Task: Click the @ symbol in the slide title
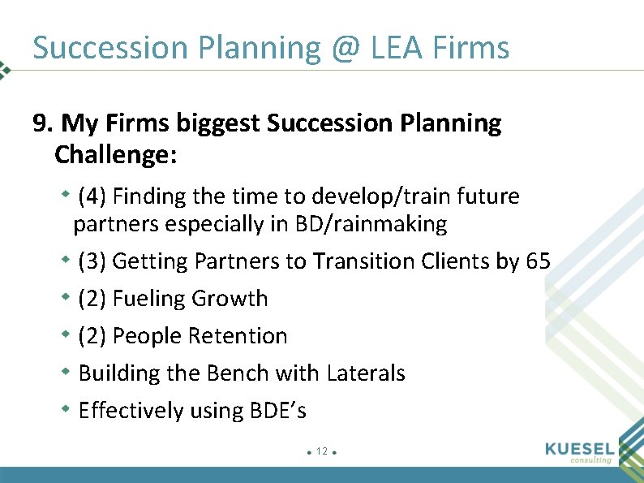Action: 346,49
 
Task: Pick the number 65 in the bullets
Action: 538,261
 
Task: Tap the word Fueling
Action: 149,299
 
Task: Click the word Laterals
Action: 366,373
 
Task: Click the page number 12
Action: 322,451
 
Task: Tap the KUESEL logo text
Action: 581,449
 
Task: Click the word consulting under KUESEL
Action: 591,460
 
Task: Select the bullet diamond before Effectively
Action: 67,410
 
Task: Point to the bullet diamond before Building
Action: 67,373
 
